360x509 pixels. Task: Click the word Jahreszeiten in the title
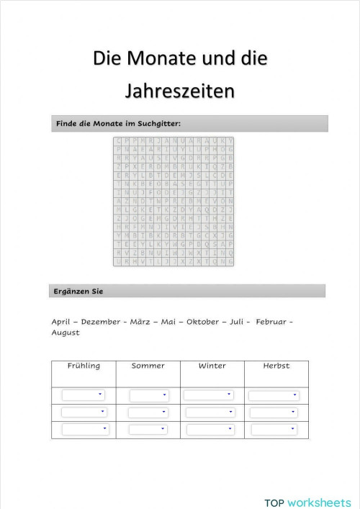(180, 92)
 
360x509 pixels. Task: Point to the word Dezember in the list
(101, 322)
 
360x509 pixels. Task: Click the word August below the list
(66, 333)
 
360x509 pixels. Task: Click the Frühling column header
(84, 366)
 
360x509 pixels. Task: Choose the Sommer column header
(148, 366)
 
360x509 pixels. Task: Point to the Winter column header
(212, 366)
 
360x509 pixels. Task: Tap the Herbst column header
(276, 366)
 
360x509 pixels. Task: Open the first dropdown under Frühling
(84, 395)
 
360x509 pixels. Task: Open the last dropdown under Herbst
(274, 430)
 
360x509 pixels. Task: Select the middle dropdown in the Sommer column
(148, 413)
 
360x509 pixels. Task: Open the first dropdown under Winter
(209, 395)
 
